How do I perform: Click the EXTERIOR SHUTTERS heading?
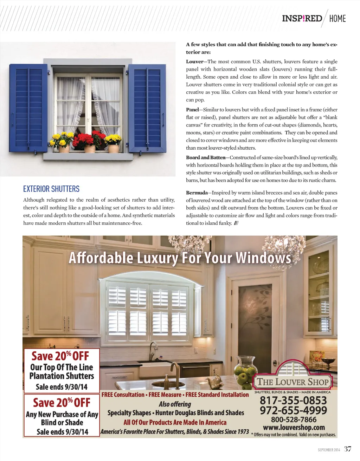[51, 189]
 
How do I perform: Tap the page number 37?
[347, 449]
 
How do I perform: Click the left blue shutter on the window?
[28, 108]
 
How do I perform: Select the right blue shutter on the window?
[147, 108]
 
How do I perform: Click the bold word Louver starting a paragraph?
[194, 61]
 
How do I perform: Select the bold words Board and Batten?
[205, 157]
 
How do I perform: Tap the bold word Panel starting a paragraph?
[192, 110]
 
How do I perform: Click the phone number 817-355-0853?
[293, 400]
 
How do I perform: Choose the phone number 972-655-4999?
[293, 410]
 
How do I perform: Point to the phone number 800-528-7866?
[294, 420]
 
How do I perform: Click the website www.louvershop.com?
[294, 428]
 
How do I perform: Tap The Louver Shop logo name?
[292, 382]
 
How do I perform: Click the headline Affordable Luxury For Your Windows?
[180, 258]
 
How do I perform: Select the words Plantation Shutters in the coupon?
[62, 376]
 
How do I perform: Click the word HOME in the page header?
[337, 19]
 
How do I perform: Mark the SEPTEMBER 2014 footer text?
[329, 450]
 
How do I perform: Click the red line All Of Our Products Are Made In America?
[175, 422]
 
